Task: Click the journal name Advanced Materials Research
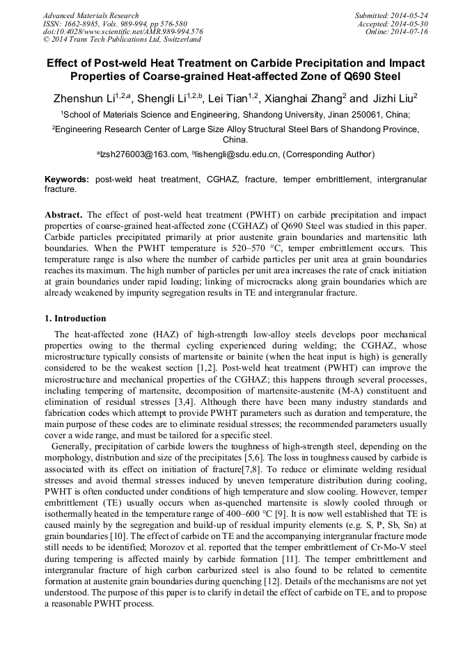[x=91, y=15]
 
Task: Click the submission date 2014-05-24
[x=409, y=15]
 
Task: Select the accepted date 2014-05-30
[x=409, y=23]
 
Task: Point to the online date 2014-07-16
[x=409, y=31]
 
